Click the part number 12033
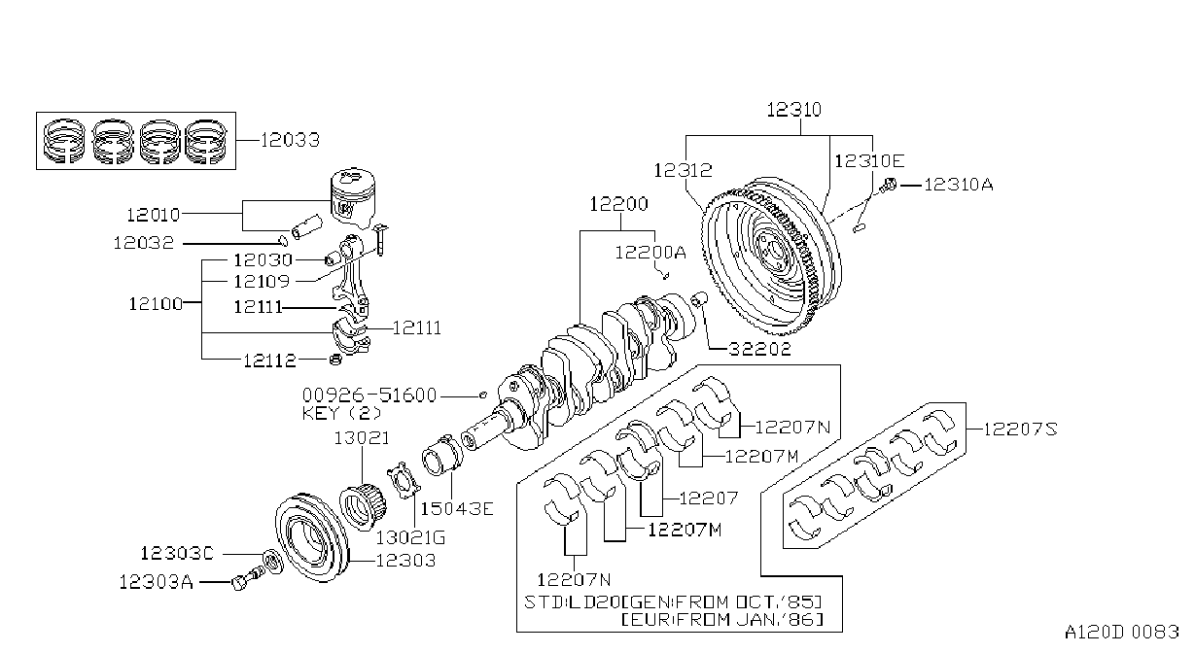point(290,140)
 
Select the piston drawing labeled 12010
point(354,197)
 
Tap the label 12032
point(144,243)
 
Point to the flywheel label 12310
point(793,110)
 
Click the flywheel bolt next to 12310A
point(889,185)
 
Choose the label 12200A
point(650,252)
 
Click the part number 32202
point(759,349)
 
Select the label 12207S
point(1020,430)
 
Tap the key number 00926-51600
point(369,395)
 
